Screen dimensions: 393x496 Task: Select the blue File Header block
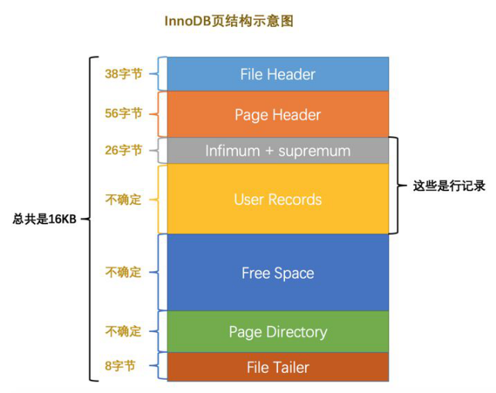[277, 75]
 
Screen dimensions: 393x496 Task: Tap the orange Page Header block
[277, 115]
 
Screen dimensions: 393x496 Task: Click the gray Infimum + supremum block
[277, 151]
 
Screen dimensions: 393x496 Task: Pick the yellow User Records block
[277, 200]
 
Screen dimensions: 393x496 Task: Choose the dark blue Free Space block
[277, 273]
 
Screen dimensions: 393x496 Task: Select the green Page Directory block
[277, 332]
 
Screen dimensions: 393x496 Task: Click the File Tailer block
[277, 368]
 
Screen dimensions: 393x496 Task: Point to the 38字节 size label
[123, 75]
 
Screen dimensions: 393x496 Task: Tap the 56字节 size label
[123, 114]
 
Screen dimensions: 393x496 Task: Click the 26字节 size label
[123, 150]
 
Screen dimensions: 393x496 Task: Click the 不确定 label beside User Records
[123, 200]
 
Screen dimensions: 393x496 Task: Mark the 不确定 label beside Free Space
[123, 272]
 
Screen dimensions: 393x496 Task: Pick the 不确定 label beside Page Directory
[123, 331]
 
